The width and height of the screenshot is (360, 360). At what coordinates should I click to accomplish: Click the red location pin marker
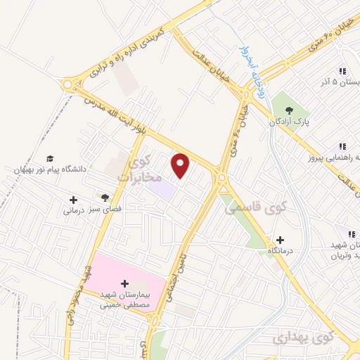181,166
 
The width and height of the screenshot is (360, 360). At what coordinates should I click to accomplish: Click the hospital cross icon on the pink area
125,283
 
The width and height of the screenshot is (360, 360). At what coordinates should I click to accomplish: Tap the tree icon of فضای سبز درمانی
105,198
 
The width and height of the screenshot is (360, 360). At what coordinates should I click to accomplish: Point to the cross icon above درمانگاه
281,240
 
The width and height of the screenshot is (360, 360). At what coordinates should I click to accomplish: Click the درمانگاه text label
281,251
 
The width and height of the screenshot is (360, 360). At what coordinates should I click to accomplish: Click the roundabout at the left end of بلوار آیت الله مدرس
70,85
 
